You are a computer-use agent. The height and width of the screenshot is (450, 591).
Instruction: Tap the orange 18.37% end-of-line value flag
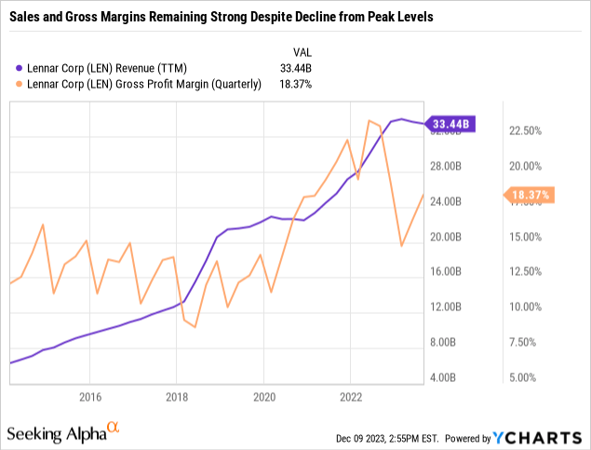[x=528, y=195]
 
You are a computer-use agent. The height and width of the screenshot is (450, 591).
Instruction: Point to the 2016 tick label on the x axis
[x=89, y=396]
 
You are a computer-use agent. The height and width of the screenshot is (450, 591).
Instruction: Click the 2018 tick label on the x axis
[x=176, y=396]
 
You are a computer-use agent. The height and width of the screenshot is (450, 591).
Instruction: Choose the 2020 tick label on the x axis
[x=263, y=396]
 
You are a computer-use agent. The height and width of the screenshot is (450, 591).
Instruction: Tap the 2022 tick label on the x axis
[x=350, y=396]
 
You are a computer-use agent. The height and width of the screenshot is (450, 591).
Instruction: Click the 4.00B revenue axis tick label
[x=442, y=377]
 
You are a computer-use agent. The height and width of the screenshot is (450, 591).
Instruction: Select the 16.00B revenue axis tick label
[x=442, y=272]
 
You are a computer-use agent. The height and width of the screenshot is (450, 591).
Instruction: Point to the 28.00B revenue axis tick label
[x=442, y=167]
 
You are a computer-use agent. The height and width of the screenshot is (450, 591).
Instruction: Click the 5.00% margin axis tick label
[x=526, y=377]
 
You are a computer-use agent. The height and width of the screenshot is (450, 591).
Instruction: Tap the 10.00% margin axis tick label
[x=528, y=307]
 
